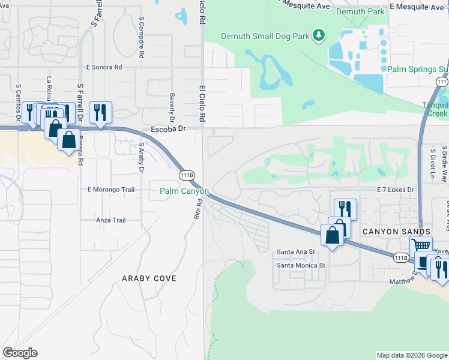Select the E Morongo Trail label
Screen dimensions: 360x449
(111, 190)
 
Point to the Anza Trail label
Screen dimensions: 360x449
(111, 220)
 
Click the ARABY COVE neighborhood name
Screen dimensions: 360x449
(149, 278)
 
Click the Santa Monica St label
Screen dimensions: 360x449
(301, 265)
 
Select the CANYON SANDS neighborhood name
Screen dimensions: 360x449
(396, 232)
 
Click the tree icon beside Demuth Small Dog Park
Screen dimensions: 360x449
(319, 37)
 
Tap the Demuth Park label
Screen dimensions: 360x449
(360, 11)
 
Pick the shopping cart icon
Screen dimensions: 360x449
(421, 245)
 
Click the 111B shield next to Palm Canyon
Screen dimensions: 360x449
(187, 175)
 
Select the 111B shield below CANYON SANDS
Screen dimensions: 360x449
(402, 257)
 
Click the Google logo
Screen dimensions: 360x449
(20, 353)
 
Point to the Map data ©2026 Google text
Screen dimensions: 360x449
(412, 355)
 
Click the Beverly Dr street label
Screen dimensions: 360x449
(172, 103)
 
